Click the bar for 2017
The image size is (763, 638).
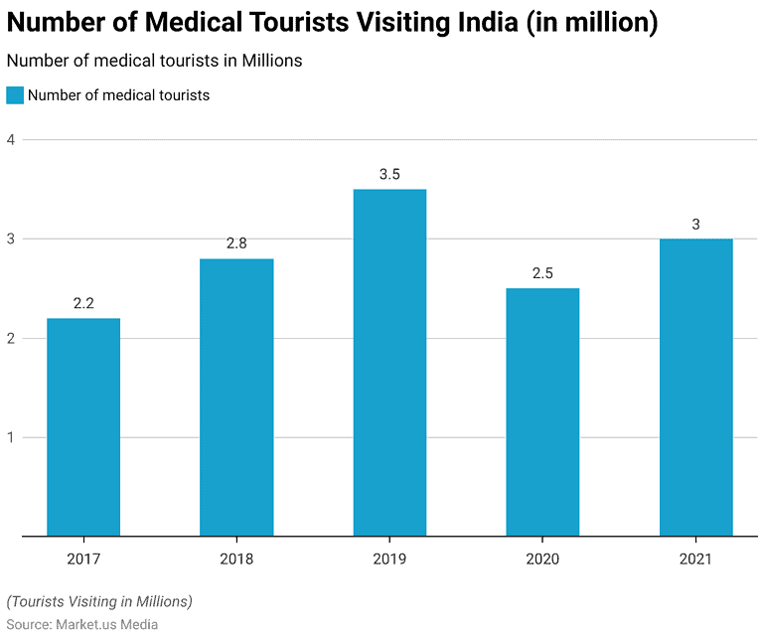[x=83, y=427]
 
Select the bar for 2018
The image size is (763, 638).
[x=236, y=398]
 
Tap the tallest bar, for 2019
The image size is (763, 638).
[x=389, y=363]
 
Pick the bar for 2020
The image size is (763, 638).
[x=542, y=412]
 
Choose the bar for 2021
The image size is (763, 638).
[x=695, y=388]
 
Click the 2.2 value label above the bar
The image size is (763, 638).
[x=83, y=304]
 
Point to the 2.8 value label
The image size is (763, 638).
[x=236, y=244]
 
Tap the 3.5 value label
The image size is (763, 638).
[x=389, y=175]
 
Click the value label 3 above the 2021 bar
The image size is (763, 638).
[x=695, y=225]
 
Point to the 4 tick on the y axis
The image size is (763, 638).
[x=10, y=140]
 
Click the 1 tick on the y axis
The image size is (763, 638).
[x=10, y=438]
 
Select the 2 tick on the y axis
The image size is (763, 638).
[x=10, y=339]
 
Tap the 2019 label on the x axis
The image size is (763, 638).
[x=389, y=559]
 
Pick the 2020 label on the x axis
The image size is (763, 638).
[x=542, y=559]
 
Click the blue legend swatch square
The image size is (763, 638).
[x=15, y=96]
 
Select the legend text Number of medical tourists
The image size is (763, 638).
[x=118, y=96]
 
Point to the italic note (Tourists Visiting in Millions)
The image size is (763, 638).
[x=99, y=602]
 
